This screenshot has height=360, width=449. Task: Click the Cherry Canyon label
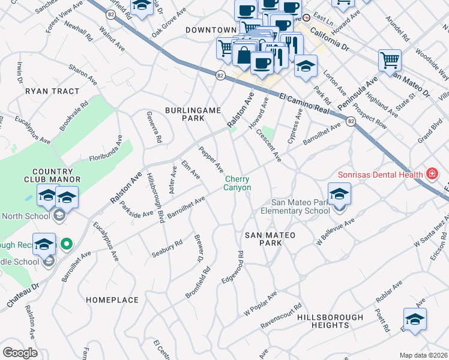pos(238,183)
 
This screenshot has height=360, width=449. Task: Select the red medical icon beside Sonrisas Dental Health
pos(431,174)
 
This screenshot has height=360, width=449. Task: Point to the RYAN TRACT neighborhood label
pos(52,91)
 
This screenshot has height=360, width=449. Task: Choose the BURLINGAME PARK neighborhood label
pos(194,115)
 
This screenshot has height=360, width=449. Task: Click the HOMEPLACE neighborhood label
pos(112,299)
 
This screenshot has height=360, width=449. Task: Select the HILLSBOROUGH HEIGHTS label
pos(330,321)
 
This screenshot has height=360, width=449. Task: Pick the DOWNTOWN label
pos(211,30)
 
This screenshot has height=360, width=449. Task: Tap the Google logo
pos(20,352)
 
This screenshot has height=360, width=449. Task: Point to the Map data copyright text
pos(423,355)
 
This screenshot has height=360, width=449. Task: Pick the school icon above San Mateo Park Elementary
pos(339,194)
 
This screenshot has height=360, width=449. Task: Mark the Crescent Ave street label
pos(268,145)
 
